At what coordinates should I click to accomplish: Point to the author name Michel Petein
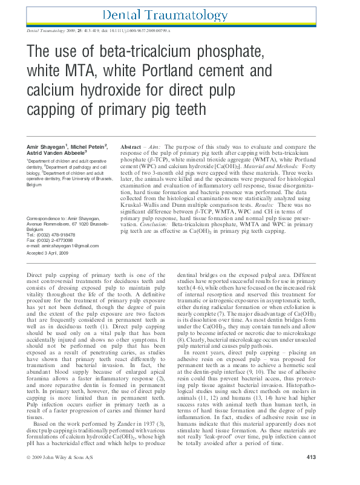point(90,146)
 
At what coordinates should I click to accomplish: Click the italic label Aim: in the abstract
point(155,147)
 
